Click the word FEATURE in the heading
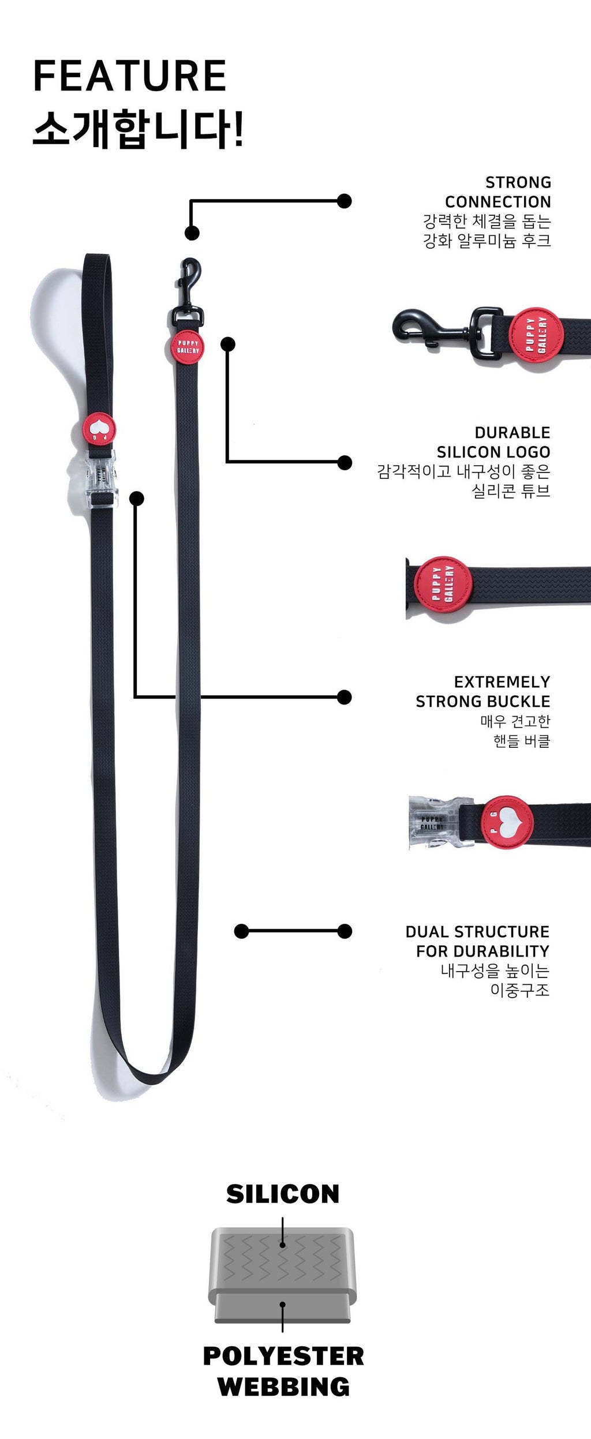(x=130, y=76)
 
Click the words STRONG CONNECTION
(x=498, y=192)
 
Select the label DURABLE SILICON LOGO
(x=493, y=442)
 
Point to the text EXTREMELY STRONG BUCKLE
(x=483, y=691)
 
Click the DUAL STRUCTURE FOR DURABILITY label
(x=478, y=941)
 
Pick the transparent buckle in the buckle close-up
(x=434, y=822)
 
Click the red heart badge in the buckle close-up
(x=507, y=822)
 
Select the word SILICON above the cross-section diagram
(x=283, y=1194)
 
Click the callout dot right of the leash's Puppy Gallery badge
(x=228, y=344)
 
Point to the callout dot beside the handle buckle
(x=137, y=499)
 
